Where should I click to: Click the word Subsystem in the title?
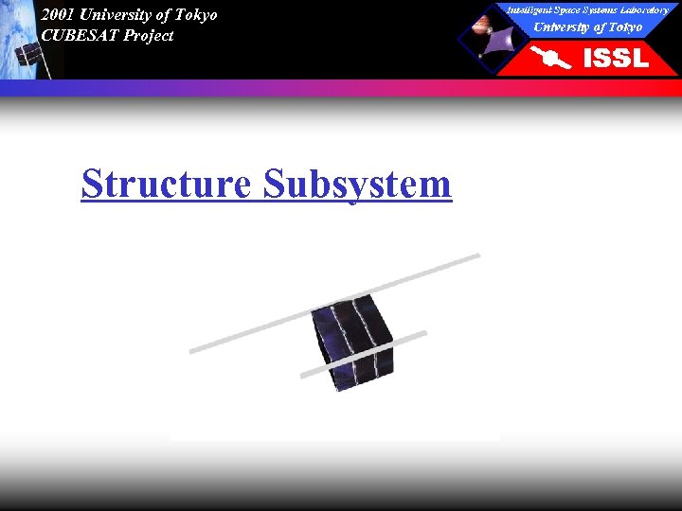pyautogui.click(x=357, y=184)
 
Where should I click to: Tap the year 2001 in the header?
pyautogui.click(x=58, y=15)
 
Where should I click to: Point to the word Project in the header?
pyautogui.click(x=149, y=36)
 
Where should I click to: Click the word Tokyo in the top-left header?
pyautogui.click(x=196, y=15)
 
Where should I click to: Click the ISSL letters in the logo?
pyautogui.click(x=616, y=59)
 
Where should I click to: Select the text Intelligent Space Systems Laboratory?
pyautogui.click(x=587, y=9)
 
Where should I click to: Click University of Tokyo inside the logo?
pyautogui.click(x=587, y=26)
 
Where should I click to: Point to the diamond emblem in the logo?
pyautogui.click(x=492, y=38)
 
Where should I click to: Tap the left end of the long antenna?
pyautogui.click(x=193, y=351)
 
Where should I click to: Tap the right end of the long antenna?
pyautogui.click(x=476, y=255)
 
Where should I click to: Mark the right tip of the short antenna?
pyautogui.click(x=423, y=333)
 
